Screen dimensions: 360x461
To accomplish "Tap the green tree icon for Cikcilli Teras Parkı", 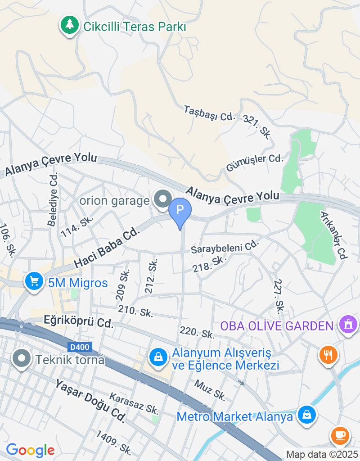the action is [69, 26].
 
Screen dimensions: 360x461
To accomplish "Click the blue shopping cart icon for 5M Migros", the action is [34, 281].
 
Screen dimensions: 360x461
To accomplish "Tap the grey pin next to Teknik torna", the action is [22, 359].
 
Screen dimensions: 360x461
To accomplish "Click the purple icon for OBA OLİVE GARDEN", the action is [348, 324].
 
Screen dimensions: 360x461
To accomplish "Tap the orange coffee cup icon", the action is [340, 434].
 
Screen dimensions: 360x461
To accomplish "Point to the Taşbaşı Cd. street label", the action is [209, 113].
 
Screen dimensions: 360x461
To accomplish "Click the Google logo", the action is [30, 450].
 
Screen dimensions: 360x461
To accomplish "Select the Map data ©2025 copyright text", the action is [322, 454].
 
